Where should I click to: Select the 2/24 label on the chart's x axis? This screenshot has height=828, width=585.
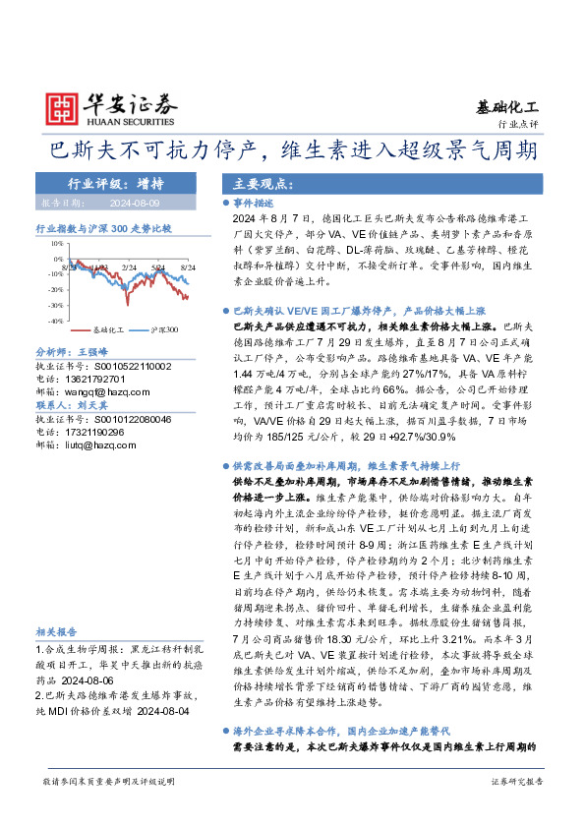click(129, 266)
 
